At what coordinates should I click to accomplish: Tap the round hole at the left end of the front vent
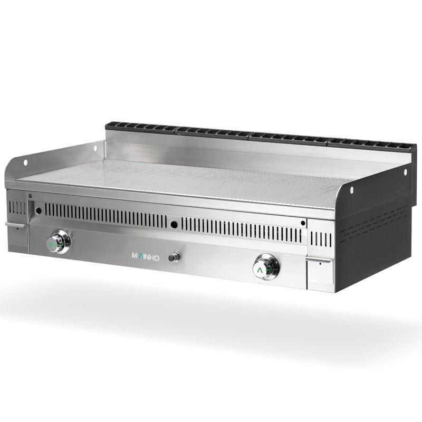[x=39, y=211]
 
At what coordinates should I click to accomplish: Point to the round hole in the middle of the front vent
[x=174, y=225]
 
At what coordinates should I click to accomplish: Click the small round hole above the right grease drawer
[x=302, y=223]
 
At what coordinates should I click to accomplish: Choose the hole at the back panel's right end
[x=405, y=172]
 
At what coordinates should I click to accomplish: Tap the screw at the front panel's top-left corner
[x=31, y=196]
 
